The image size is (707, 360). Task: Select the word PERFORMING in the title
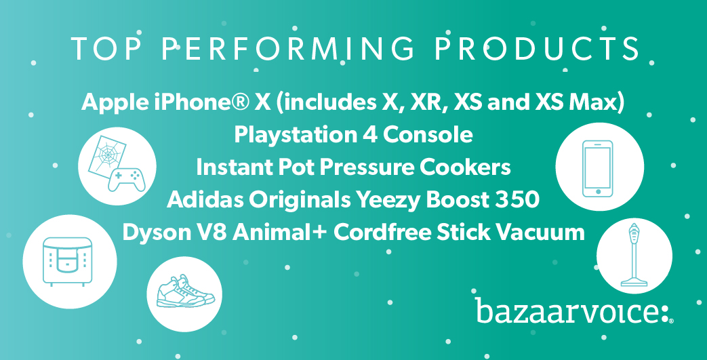point(287,49)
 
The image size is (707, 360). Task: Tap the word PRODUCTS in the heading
point(537,49)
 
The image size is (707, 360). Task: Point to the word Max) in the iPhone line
point(597,103)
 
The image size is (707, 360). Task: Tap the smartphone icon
point(598,169)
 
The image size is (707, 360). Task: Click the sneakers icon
point(185,292)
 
